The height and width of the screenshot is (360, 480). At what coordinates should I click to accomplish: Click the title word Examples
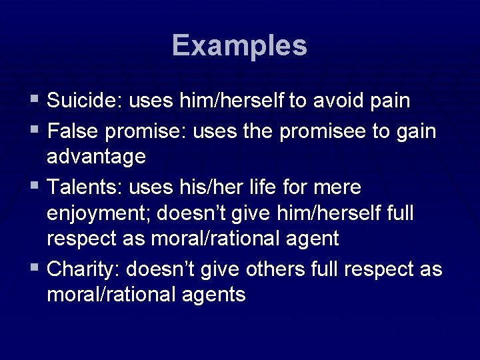point(239,46)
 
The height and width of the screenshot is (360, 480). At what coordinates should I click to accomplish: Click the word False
point(70,131)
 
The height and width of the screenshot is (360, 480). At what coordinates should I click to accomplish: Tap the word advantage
point(96,157)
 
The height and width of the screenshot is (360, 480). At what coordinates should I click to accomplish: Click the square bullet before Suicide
point(35,101)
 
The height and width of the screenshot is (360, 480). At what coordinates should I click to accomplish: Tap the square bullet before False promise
point(35,131)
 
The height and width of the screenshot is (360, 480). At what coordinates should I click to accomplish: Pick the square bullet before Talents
point(35,187)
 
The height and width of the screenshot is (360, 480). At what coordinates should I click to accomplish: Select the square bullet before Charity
point(35,269)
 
